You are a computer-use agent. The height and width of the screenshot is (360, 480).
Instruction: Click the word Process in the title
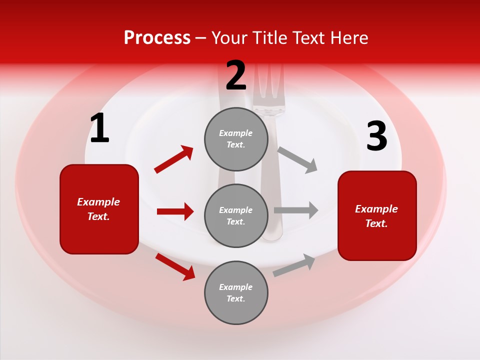click(157, 38)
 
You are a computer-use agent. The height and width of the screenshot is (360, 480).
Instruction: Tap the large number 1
click(99, 128)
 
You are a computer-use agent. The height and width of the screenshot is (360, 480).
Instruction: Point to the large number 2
click(236, 75)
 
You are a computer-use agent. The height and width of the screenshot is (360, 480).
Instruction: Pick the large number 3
click(376, 136)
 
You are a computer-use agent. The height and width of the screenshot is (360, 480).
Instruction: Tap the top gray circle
click(236, 139)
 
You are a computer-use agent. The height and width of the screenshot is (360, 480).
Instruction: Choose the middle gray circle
click(236, 215)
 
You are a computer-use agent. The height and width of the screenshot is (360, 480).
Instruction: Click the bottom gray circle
click(236, 292)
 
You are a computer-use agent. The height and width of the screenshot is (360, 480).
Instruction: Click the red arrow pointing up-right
click(174, 159)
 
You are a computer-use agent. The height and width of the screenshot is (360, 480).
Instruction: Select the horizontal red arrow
click(175, 211)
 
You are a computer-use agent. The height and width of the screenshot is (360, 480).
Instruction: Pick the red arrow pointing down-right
click(175, 266)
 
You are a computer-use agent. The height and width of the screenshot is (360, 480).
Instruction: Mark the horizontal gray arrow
click(296, 210)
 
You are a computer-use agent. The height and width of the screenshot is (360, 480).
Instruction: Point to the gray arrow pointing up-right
click(294, 265)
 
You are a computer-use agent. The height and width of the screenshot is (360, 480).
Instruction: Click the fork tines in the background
click(268, 85)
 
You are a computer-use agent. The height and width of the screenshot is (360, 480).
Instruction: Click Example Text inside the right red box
click(376, 216)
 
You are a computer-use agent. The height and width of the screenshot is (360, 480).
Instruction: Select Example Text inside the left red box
click(98, 209)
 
